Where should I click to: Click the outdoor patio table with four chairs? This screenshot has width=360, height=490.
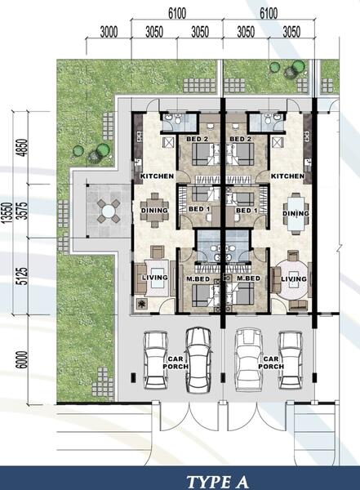click(x=108, y=212)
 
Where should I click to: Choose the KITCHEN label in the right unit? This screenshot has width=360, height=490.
click(x=287, y=176)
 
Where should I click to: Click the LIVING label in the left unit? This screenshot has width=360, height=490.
click(x=154, y=278)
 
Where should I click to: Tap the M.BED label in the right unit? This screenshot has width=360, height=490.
click(x=248, y=279)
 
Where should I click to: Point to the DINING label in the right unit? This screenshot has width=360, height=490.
click(x=295, y=215)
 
